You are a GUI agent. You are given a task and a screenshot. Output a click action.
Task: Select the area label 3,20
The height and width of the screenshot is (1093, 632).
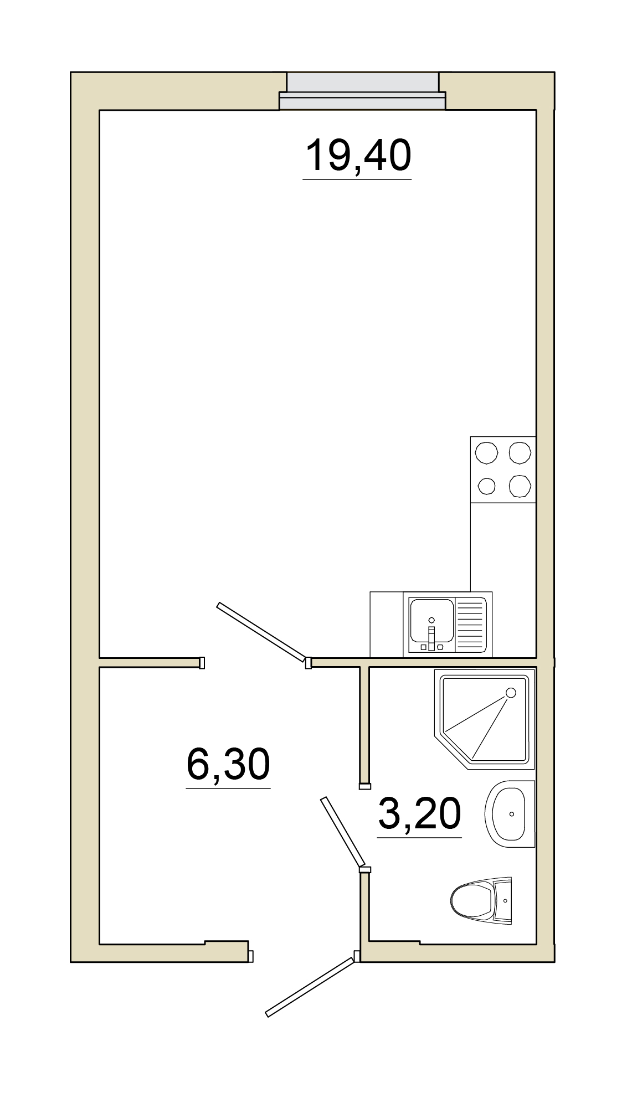[419, 813]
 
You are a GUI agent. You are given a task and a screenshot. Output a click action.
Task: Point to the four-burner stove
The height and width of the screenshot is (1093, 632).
[503, 470]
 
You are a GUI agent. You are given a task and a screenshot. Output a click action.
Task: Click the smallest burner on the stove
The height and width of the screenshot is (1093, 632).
[486, 487]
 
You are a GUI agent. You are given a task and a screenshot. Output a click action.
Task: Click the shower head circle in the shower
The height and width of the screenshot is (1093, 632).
[511, 693]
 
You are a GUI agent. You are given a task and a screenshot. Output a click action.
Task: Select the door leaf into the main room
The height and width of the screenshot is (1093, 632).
[261, 632]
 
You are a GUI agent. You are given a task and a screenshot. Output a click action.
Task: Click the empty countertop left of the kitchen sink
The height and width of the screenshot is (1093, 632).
[387, 625]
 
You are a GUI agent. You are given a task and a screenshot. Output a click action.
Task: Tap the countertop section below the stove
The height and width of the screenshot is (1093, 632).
[503, 547]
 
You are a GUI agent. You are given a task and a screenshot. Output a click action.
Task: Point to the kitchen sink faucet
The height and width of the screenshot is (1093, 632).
[431, 635]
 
